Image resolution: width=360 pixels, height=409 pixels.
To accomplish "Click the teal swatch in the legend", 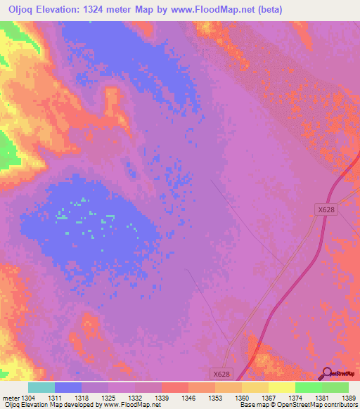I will tap(41, 387).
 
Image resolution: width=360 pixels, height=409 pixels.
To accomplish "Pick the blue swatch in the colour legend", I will tap(67, 387).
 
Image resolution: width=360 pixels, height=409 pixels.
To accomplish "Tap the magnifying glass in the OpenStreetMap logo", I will tap(326, 374).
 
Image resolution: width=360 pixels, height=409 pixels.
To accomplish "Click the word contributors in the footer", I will tap(339, 405).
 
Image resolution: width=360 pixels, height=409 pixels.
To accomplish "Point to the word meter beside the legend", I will tap(11, 398).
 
